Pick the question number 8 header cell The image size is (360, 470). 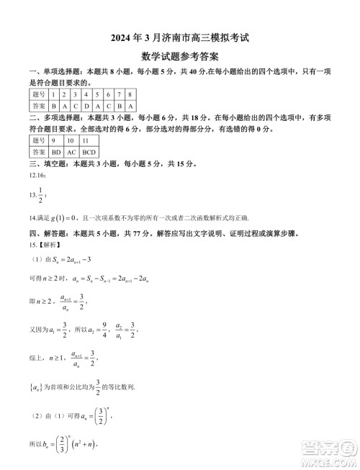(130, 94)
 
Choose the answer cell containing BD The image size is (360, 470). (56, 153)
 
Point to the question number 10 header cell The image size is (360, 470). (71, 141)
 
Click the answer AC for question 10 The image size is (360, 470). (71, 153)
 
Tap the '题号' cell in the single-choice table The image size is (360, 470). (39, 94)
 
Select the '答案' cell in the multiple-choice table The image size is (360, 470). (39, 153)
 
